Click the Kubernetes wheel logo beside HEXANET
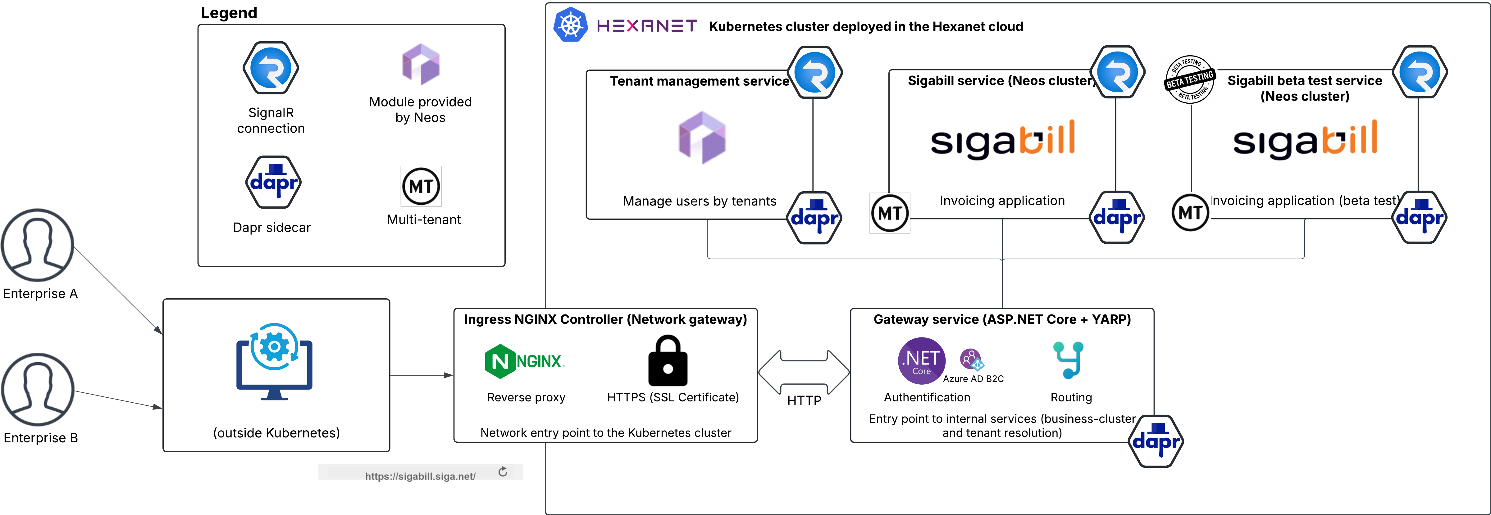[x=571, y=25]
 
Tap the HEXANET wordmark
[x=646, y=26]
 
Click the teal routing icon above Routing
[x=1069, y=360]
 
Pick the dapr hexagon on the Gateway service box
[x=1156, y=441]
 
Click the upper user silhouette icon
[x=38, y=245]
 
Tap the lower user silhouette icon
[x=38, y=390]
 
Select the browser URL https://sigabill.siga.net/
[x=420, y=476]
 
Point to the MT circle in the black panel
[x=421, y=186]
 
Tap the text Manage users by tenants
[x=699, y=201]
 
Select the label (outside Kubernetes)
[x=276, y=433]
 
